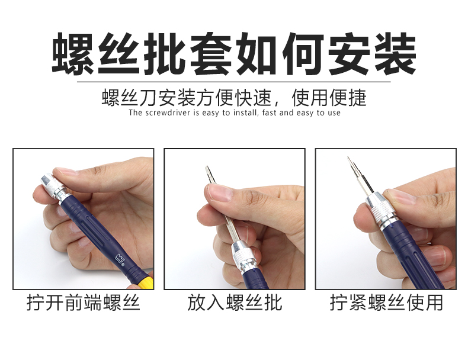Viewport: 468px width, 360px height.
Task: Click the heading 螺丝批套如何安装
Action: (x=234, y=54)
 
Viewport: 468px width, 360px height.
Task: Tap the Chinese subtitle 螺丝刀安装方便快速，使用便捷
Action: (x=234, y=97)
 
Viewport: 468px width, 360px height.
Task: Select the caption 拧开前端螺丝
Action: (x=83, y=303)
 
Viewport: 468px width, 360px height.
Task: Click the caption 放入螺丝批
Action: (x=234, y=303)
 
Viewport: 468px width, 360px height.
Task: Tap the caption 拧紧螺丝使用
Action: (x=386, y=303)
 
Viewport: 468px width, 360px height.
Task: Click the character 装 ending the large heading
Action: (x=393, y=54)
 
